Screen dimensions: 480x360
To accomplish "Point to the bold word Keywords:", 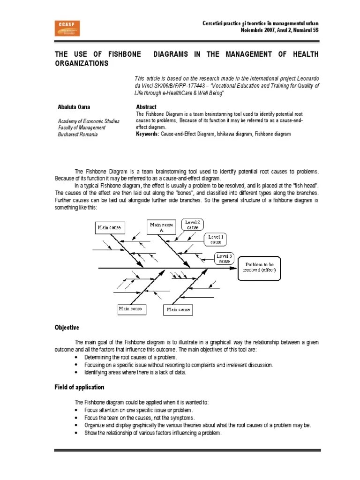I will click(x=148, y=134).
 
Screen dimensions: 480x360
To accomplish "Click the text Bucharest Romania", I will click(x=78, y=135).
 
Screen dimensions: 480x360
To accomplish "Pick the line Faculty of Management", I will click(x=82, y=127).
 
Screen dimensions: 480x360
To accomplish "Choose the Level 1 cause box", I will click(x=216, y=240).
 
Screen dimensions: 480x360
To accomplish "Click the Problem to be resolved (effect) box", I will click(x=259, y=268).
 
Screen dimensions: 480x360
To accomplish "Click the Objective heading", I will click(x=67, y=327).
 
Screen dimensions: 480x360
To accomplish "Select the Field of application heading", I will click(x=80, y=387).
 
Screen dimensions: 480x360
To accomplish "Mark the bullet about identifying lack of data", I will click(x=135, y=372).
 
